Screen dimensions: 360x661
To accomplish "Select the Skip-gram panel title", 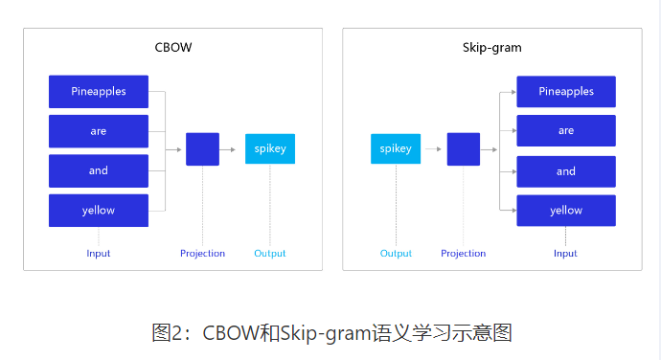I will point(492,48).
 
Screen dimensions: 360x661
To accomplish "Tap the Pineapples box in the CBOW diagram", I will point(99,92).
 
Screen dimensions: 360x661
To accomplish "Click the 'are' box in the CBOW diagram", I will point(99,131).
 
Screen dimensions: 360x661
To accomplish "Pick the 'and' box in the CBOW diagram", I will point(99,170).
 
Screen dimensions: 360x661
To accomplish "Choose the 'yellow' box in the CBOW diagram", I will point(99,211).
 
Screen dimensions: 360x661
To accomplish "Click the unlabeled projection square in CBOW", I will point(202,149).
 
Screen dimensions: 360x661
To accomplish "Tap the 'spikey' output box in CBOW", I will point(270,149).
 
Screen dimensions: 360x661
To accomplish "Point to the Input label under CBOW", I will point(99,254).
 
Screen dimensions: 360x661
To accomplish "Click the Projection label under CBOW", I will point(202,254).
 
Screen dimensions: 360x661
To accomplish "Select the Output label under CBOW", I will point(270,254).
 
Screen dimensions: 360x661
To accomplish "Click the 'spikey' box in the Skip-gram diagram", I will point(396,149).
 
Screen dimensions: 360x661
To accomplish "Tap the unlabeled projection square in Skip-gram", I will point(464,149).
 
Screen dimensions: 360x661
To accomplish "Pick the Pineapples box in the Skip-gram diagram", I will point(566,92).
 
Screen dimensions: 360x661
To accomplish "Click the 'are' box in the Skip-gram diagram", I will point(566,131).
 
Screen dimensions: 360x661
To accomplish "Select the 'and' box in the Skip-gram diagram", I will point(566,171).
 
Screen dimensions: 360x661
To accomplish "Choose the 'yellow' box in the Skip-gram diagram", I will point(566,211).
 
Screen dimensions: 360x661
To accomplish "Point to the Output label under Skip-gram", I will point(396,254).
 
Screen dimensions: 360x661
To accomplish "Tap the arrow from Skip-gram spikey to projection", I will point(431,149).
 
